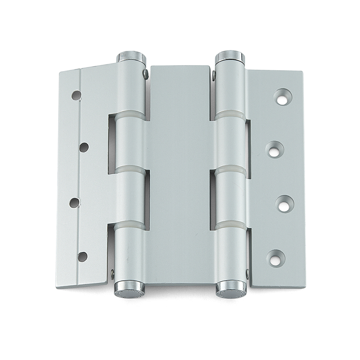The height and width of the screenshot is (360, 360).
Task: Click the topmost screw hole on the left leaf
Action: point(76,95)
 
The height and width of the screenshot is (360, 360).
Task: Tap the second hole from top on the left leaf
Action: point(84,147)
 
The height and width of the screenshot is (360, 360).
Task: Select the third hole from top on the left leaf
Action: point(75,202)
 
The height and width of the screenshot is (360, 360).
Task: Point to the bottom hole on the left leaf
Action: point(82,256)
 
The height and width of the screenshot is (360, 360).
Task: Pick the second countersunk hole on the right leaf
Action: point(275,149)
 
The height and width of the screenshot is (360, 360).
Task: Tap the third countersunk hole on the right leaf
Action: point(283,204)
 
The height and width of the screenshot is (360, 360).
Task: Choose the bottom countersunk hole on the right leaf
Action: point(276,257)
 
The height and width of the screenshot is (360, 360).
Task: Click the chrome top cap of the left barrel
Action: point(132,57)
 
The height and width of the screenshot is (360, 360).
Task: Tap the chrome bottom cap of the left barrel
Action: point(130,290)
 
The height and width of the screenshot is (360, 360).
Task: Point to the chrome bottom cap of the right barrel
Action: point(231,289)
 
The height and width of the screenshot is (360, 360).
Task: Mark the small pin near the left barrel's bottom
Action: point(112,272)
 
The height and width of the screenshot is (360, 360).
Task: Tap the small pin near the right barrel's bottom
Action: point(247,273)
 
